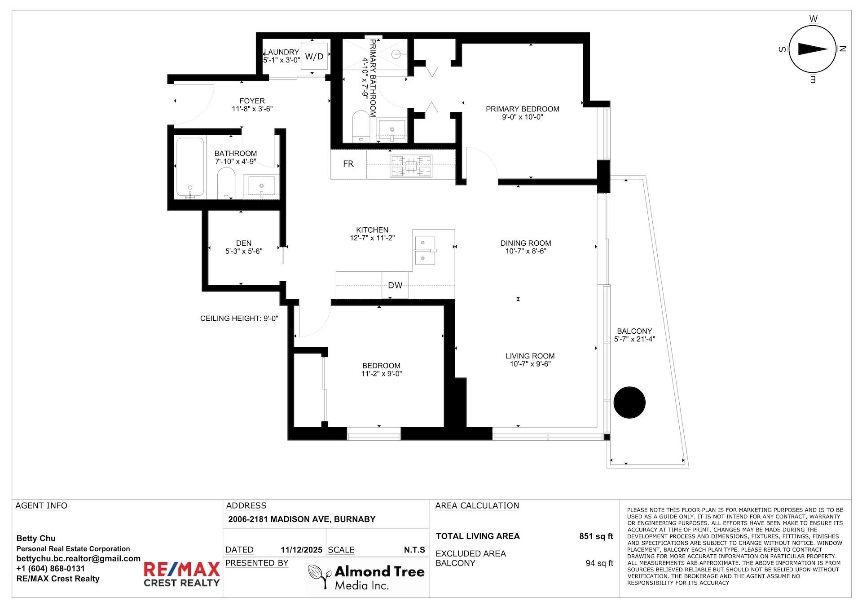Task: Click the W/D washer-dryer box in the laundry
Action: point(314,56)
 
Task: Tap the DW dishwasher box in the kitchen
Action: point(395,285)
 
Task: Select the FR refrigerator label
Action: point(348,164)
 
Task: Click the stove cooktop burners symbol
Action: point(411,166)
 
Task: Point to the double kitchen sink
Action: point(425,250)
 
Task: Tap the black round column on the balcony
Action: point(629,402)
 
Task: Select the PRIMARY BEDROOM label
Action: point(522,109)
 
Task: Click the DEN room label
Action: point(244,243)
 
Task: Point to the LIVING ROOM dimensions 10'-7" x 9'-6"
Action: point(530,364)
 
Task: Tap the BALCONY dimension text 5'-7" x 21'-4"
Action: point(634,339)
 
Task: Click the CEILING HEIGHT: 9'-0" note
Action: point(239,318)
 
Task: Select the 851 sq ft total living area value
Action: point(596,536)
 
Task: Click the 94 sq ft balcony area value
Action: point(599,563)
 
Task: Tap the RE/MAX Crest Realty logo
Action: point(181,574)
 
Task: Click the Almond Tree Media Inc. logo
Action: point(366,577)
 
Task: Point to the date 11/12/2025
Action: point(301,550)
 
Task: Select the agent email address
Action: point(79,558)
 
